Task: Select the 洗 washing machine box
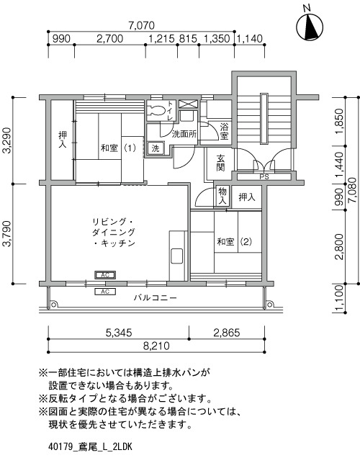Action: (156, 148)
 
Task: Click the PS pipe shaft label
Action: (264, 177)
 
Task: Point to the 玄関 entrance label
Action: (220, 163)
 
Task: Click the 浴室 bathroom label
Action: (224, 131)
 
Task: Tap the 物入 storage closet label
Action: (222, 196)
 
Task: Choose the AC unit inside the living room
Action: (105, 275)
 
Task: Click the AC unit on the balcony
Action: (105, 292)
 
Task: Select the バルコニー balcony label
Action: (155, 297)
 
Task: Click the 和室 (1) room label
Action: (118, 148)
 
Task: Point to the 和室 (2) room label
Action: (234, 242)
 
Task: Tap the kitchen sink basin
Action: (177, 256)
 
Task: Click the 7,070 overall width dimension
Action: (141, 25)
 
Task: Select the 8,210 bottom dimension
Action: (156, 346)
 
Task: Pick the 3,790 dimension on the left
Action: (6, 233)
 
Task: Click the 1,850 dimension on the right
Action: (340, 122)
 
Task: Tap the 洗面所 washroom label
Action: (184, 135)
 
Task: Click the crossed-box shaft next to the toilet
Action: (187, 104)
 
